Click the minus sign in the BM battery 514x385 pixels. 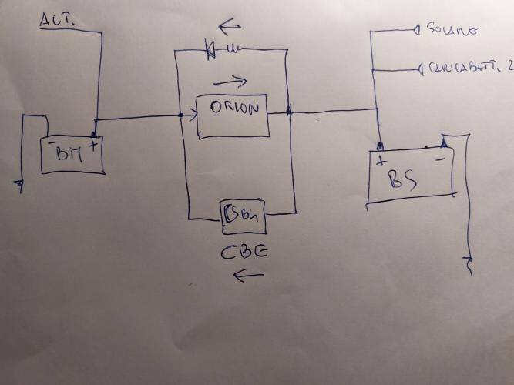[51, 142]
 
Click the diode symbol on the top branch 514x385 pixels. [210, 51]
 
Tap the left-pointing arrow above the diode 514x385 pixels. [230, 28]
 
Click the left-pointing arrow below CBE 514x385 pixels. [249, 274]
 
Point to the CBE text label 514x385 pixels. [246, 251]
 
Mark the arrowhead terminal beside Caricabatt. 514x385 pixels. [419, 70]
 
